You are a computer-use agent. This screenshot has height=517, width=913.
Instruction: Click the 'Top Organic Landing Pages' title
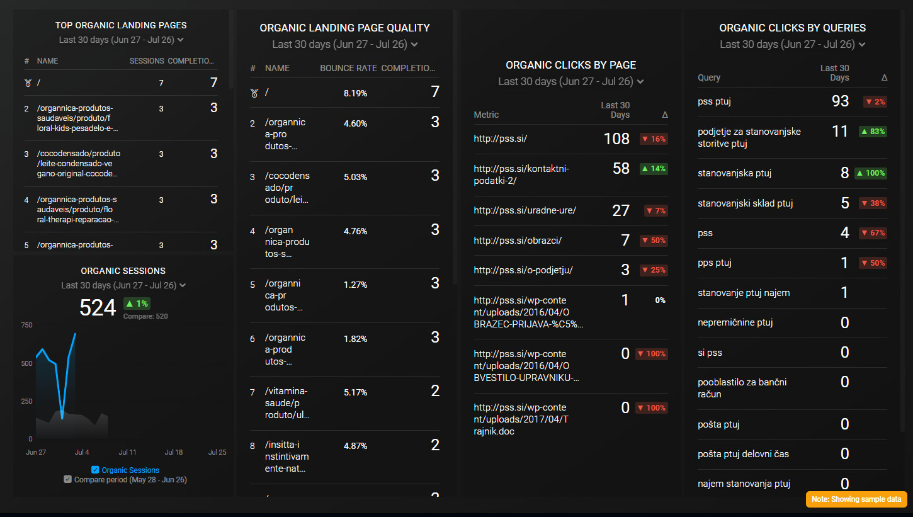(121, 26)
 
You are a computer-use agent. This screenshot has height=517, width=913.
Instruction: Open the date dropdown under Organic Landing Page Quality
(344, 44)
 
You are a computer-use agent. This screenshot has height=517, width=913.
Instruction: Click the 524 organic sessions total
(98, 307)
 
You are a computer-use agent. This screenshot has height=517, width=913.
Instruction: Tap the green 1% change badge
(137, 304)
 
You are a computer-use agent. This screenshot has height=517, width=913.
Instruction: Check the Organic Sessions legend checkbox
(96, 470)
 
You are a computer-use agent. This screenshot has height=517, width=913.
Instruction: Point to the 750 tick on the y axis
(26, 325)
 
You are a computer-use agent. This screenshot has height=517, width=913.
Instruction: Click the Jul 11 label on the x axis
(128, 452)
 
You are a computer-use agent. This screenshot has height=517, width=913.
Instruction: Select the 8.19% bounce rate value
(355, 93)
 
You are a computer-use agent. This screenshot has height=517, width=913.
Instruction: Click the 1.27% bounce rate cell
(355, 285)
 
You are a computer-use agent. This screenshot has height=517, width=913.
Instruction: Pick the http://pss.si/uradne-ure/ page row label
(525, 210)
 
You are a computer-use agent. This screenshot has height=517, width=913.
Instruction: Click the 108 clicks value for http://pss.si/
(616, 139)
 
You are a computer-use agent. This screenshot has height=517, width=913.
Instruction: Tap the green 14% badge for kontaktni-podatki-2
(653, 169)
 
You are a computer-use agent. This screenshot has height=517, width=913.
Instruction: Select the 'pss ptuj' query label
(714, 101)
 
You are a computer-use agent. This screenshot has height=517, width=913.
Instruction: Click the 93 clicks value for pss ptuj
(840, 101)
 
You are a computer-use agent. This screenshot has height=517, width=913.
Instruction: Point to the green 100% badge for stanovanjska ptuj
(871, 173)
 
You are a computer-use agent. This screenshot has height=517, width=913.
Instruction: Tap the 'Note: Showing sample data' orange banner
(856, 499)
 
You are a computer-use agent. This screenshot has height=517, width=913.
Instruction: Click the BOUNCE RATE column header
(348, 68)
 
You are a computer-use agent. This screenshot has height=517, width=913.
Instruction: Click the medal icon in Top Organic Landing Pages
(27, 82)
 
